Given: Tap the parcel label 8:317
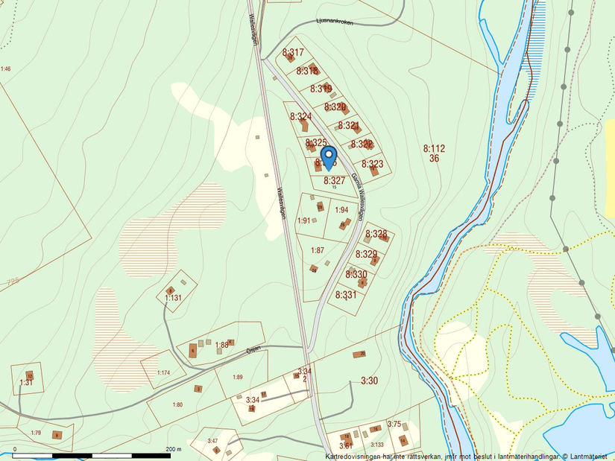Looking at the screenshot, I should (x=293, y=53).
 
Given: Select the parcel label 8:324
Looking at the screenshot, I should (x=300, y=116).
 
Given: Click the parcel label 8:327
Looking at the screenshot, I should (x=334, y=180).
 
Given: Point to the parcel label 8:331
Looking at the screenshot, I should (x=346, y=295).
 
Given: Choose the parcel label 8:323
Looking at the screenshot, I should (x=373, y=164).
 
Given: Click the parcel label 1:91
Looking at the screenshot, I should (x=303, y=220).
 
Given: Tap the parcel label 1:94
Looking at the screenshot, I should (x=341, y=210).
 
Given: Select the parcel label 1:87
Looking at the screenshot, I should (x=318, y=250).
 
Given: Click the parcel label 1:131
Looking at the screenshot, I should (x=173, y=298).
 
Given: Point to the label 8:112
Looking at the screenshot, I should (x=434, y=149).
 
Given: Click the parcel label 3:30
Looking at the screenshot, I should (x=370, y=381).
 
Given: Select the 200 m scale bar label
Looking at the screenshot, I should (x=173, y=449).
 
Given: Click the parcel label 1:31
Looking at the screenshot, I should (x=26, y=382).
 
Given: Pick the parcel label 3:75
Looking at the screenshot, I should (x=394, y=424).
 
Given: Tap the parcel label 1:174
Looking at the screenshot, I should (x=163, y=372).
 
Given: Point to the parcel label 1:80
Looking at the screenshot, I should (x=177, y=404).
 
